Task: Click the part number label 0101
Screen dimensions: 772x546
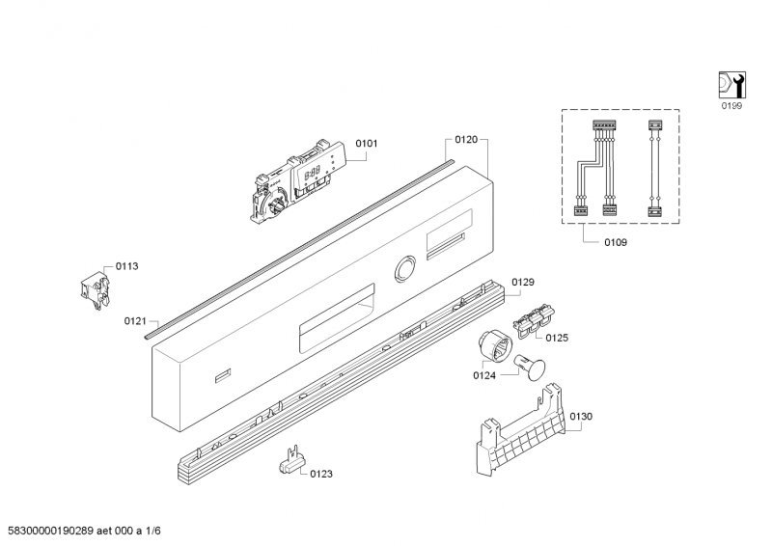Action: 367,144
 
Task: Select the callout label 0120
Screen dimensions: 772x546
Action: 466,140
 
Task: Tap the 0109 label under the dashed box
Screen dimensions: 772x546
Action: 616,242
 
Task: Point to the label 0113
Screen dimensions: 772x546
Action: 126,266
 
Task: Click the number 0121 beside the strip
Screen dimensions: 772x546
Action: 135,321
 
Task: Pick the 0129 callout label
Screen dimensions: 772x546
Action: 523,282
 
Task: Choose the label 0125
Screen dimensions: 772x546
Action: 557,338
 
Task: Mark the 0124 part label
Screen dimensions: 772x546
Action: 484,375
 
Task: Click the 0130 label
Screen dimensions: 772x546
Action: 581,417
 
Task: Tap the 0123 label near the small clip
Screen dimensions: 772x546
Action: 321,474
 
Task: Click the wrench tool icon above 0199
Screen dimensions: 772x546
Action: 731,85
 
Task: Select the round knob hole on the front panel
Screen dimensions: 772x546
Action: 404,269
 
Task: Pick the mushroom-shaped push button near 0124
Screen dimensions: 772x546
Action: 530,368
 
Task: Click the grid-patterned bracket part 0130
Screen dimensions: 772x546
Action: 521,430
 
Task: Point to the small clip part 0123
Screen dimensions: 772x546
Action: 291,461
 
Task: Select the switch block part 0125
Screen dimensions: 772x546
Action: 534,321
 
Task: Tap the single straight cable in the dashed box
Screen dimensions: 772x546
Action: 654,169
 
